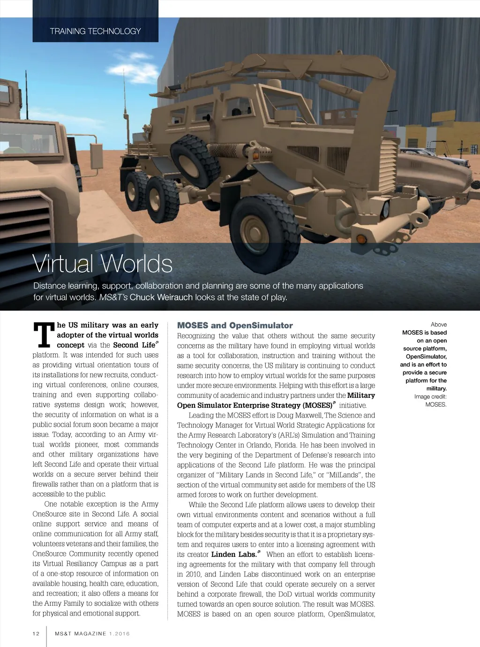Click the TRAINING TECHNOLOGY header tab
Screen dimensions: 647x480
95,31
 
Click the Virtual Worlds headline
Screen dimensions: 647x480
103,264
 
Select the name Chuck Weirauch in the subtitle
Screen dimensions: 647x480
161,297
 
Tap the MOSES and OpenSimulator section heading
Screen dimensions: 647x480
235,326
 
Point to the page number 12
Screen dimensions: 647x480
36,634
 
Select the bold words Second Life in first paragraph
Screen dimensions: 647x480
134,345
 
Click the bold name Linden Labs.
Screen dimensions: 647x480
233,555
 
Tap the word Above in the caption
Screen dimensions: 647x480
439,325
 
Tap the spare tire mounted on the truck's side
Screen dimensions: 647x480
195,161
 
